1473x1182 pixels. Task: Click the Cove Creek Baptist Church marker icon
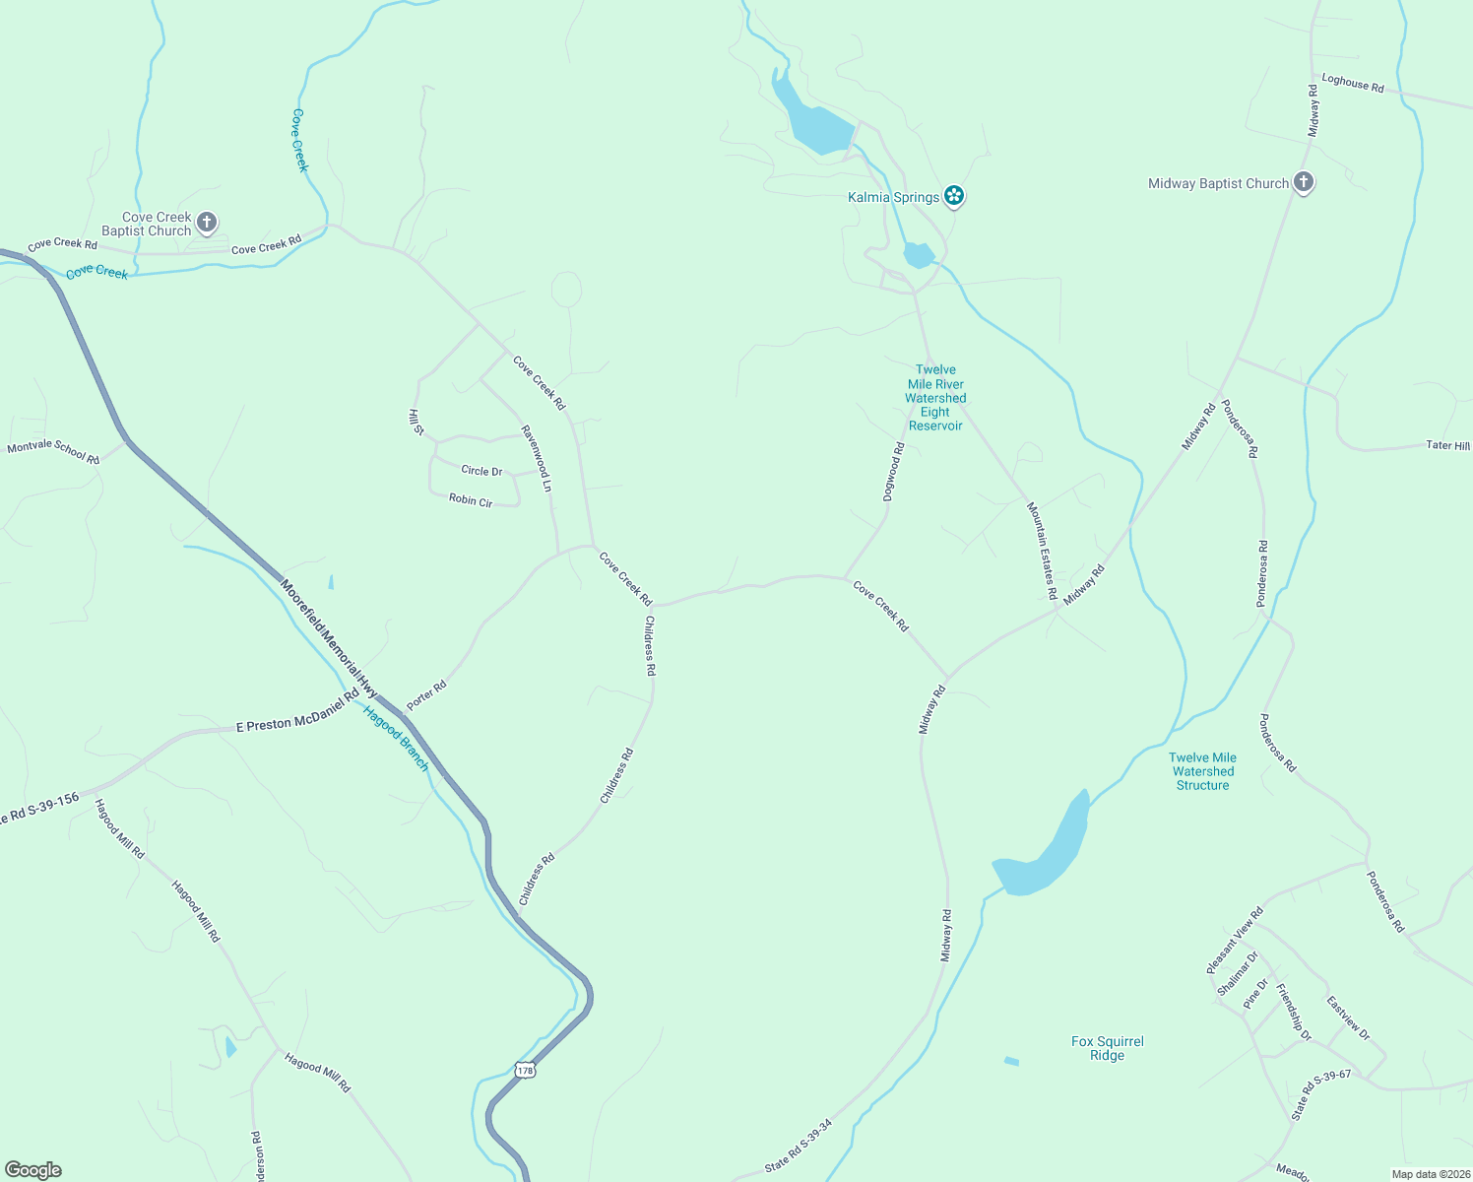[x=207, y=223]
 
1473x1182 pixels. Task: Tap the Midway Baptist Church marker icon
[x=1303, y=182]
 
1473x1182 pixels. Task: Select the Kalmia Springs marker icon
[x=953, y=196]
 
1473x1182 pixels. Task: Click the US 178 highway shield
[x=525, y=1070]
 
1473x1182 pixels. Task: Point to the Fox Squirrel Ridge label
[x=1107, y=1048]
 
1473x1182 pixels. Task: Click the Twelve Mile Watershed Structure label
[x=1202, y=771]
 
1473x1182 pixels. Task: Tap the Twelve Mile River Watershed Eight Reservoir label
[x=935, y=398]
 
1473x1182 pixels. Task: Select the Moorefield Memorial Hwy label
[x=328, y=638]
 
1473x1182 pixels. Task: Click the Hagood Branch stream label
[x=396, y=738]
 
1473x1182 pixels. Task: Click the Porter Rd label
[x=426, y=693]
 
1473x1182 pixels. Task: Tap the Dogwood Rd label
[x=893, y=473]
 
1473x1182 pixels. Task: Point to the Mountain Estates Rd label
[x=1042, y=551]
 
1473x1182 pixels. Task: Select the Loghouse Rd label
[x=1352, y=84]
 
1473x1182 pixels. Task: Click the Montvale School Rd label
[x=53, y=453]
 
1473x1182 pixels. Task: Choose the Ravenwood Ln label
[x=537, y=458]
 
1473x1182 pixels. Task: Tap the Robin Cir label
[x=471, y=500]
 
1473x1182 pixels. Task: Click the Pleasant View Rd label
[x=1235, y=941]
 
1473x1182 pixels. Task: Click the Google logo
[x=33, y=1170]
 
